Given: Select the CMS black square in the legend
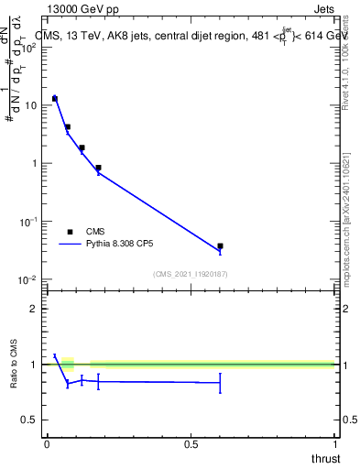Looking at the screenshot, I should click(x=71, y=232).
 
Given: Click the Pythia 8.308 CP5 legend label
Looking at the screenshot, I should click(x=126, y=245).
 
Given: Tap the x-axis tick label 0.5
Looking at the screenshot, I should click(x=191, y=443).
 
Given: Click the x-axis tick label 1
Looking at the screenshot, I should click(x=335, y=443).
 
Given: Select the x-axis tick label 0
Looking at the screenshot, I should click(x=46, y=443).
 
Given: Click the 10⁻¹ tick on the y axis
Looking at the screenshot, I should click(x=30, y=221).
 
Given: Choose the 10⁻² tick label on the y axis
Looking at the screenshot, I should click(x=30, y=278).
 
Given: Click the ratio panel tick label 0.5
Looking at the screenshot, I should click(x=31, y=420).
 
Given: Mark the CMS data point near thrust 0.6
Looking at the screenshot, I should click(x=220, y=246).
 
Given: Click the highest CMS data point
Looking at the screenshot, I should click(x=55, y=98).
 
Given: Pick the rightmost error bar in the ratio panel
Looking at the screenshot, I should click(x=220, y=382).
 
